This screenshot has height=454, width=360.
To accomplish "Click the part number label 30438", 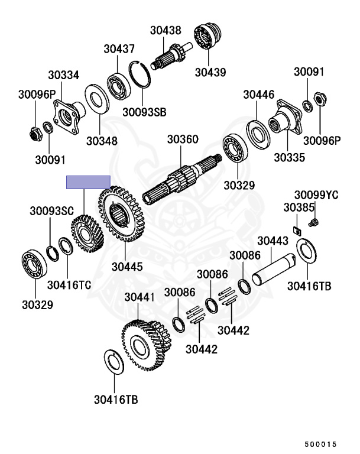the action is [x=166, y=30].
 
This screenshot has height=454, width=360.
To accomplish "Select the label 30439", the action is [x=210, y=72].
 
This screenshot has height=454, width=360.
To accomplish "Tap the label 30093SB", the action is [x=144, y=112].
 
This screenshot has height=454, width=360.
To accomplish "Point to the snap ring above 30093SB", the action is [x=140, y=74].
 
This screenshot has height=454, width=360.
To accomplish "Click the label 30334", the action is [x=63, y=75].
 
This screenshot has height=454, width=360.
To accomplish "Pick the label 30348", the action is [x=102, y=141].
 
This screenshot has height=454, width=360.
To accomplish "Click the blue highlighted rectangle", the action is [x=88, y=182].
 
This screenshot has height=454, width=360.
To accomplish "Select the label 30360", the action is [x=183, y=140].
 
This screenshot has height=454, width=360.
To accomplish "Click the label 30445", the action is [x=127, y=267].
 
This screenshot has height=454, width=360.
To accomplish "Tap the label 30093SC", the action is [x=52, y=211].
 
